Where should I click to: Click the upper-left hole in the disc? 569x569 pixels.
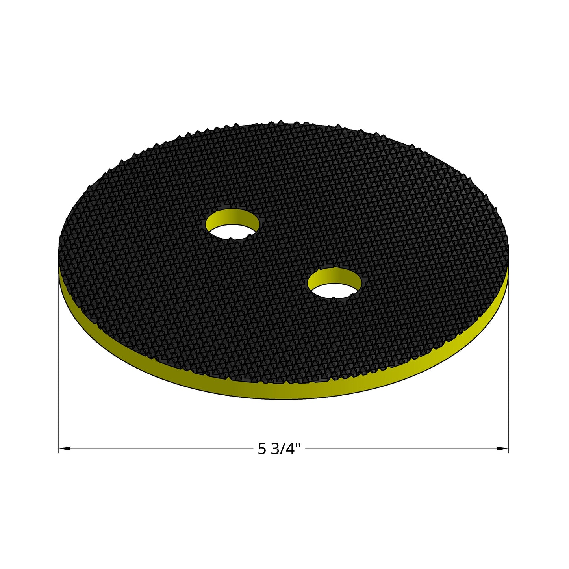(232, 224)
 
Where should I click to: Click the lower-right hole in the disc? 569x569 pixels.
(334, 283)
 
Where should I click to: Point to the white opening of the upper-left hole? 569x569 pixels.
(232, 232)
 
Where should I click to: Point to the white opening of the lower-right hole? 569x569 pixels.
(334, 291)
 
